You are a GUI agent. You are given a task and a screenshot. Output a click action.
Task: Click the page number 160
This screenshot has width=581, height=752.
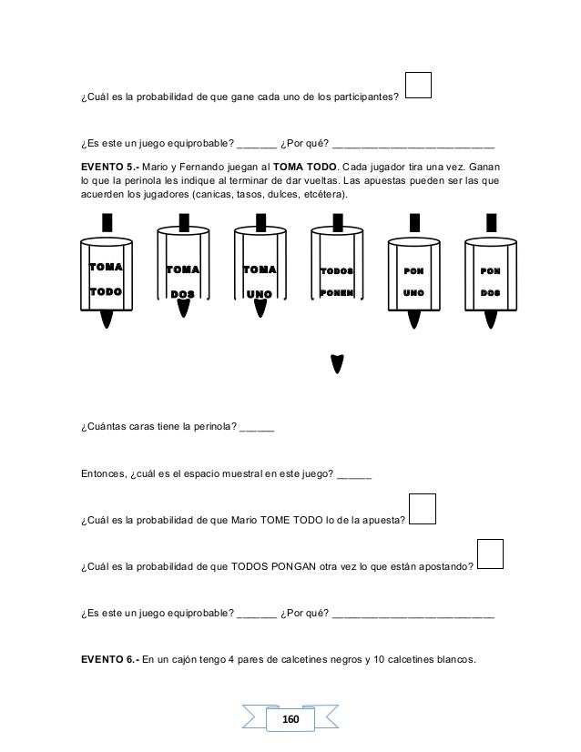click(290, 719)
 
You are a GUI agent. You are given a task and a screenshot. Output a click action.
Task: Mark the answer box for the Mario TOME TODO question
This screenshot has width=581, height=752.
click(423, 509)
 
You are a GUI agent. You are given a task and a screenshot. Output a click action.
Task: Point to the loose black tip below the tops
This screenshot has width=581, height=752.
click(338, 364)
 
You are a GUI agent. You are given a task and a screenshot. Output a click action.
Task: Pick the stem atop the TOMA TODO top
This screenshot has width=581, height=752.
click(107, 221)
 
